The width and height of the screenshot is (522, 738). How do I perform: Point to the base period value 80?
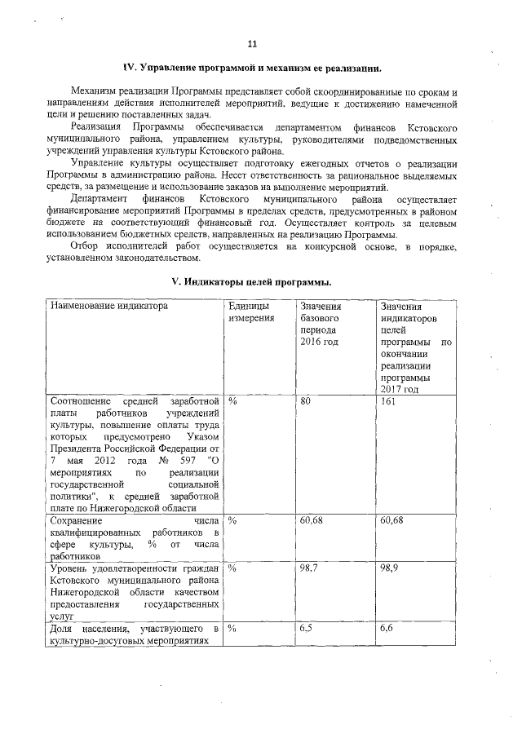tap(306, 401)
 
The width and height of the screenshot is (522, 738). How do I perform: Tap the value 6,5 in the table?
tap(307, 628)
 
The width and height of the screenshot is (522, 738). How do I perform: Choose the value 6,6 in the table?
tap(387, 628)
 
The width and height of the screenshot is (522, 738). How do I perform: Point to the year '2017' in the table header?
tap(390, 389)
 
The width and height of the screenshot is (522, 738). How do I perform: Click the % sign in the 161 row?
tap(232, 401)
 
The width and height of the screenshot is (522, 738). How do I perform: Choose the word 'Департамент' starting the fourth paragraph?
tap(99, 198)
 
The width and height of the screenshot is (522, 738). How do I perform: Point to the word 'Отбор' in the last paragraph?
tap(84, 245)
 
